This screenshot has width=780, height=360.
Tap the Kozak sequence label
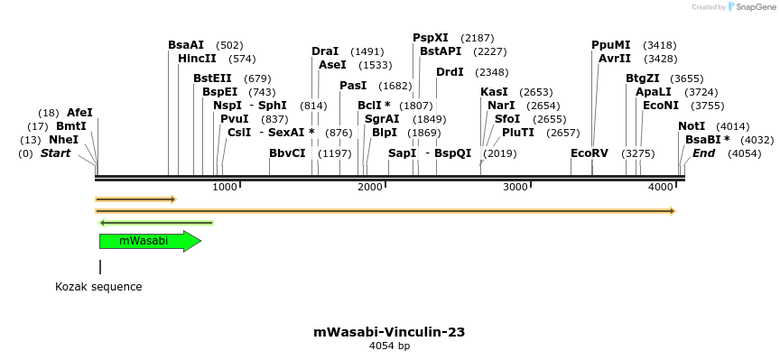click(x=98, y=287)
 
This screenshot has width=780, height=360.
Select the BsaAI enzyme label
click(x=186, y=45)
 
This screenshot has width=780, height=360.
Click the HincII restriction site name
click(x=198, y=59)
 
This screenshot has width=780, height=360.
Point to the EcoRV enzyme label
click(x=590, y=153)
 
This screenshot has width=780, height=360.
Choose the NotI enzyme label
click(x=692, y=126)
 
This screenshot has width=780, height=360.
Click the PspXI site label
click(x=431, y=38)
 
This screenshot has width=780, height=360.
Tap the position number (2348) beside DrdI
click(x=492, y=72)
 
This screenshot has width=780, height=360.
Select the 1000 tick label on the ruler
click(x=225, y=187)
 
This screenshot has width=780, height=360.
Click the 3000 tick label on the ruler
click(x=515, y=187)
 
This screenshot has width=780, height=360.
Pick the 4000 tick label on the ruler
click(x=661, y=187)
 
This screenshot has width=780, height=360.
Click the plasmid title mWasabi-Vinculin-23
click(x=389, y=332)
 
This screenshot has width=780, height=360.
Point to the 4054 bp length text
click(x=389, y=346)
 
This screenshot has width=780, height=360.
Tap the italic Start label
click(x=55, y=153)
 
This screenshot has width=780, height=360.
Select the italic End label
click(x=704, y=153)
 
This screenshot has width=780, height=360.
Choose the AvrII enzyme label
click(x=614, y=59)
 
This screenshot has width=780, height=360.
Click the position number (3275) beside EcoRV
click(x=638, y=153)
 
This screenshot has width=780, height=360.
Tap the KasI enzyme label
click(x=494, y=92)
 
